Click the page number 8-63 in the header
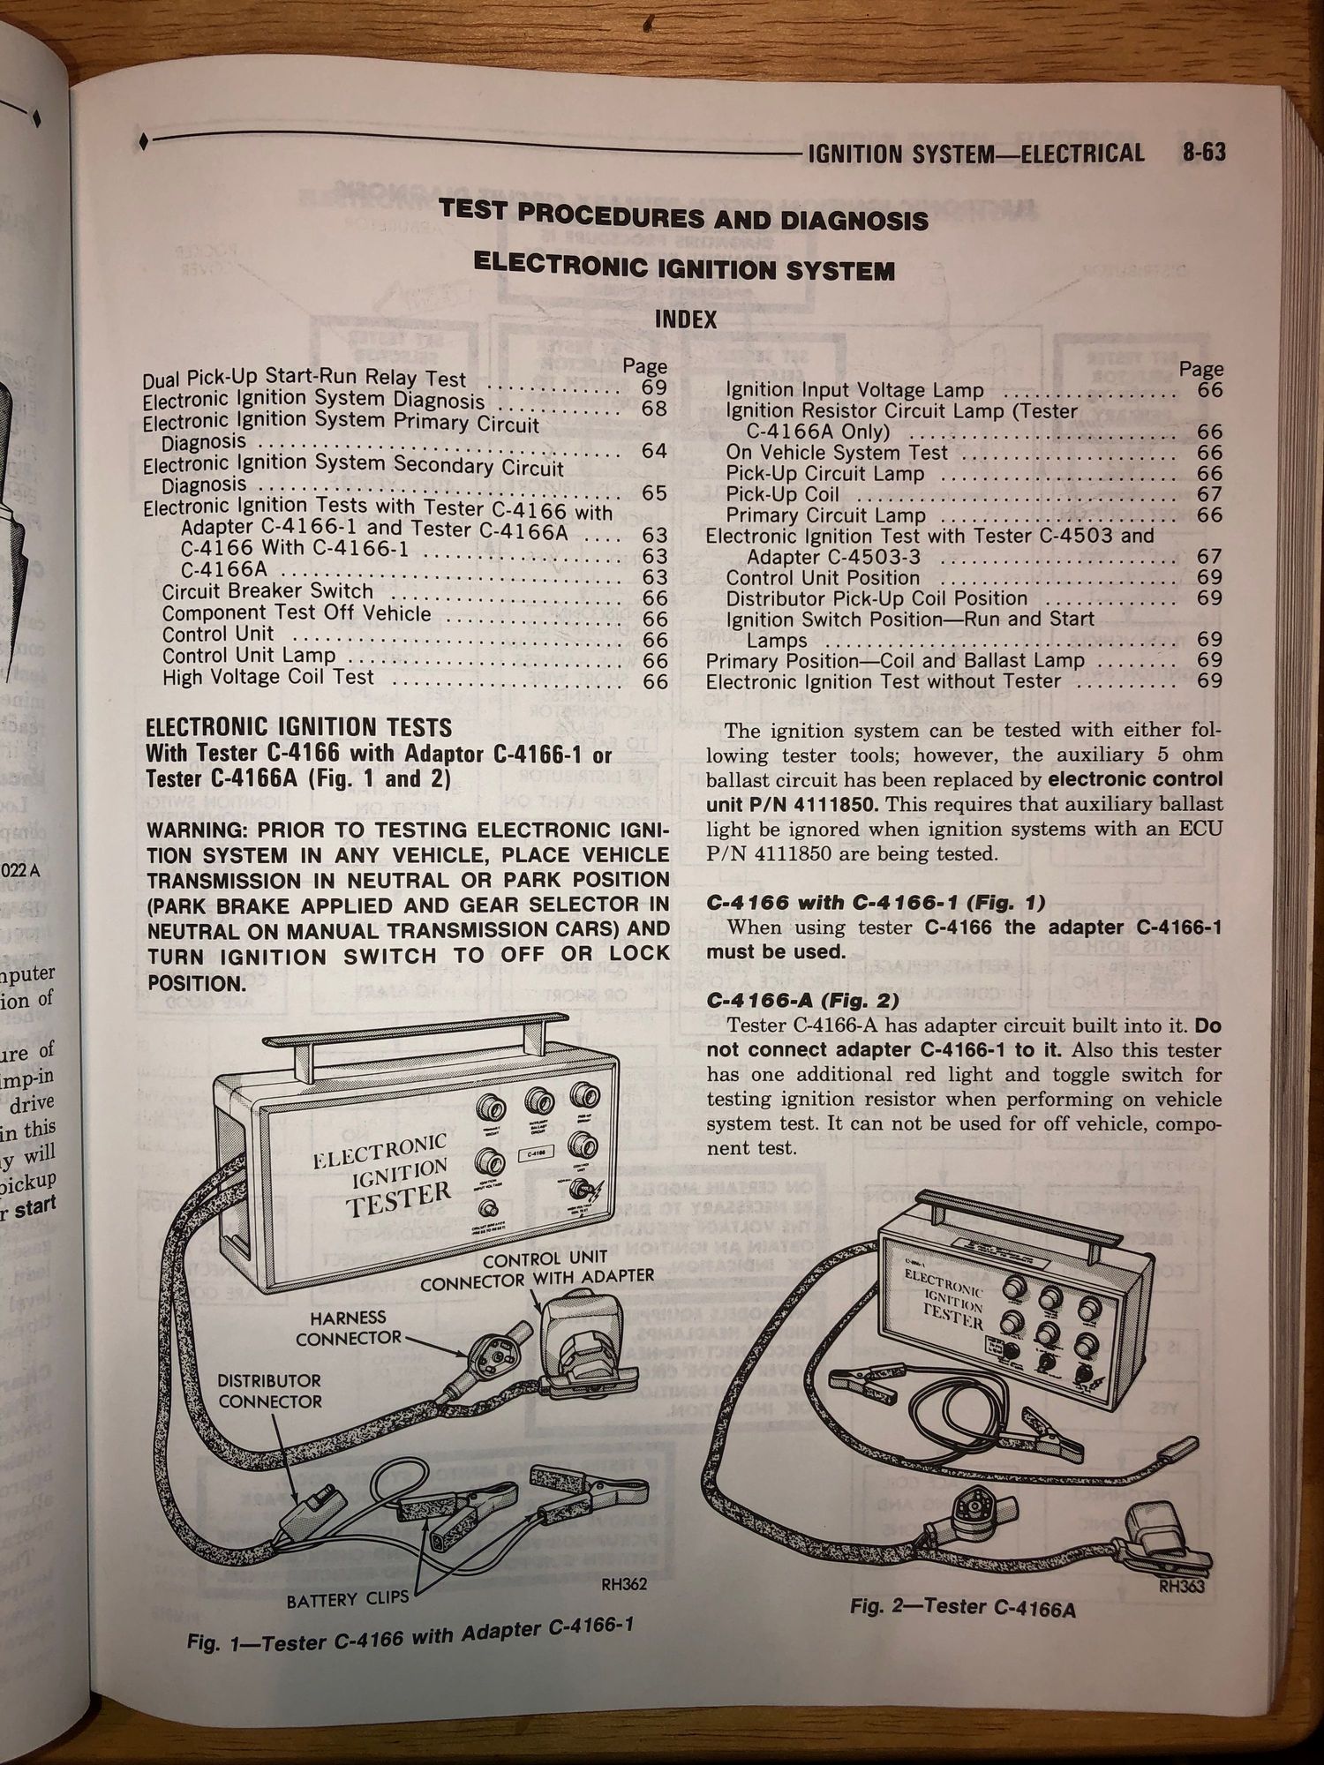pyautogui.click(x=1204, y=154)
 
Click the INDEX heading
pyautogui.click(x=686, y=319)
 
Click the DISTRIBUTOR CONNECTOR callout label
pyautogui.click(x=270, y=1391)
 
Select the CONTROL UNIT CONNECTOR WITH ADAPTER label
pyautogui.click(x=537, y=1267)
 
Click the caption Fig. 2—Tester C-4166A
pyautogui.click(x=963, y=1607)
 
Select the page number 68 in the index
pyautogui.click(x=654, y=409)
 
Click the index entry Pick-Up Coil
pyautogui.click(x=782, y=495)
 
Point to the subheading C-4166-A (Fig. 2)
pyautogui.click(x=802, y=1001)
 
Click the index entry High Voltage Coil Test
pyautogui.click(x=268, y=678)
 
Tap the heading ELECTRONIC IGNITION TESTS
pyautogui.click(x=298, y=728)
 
